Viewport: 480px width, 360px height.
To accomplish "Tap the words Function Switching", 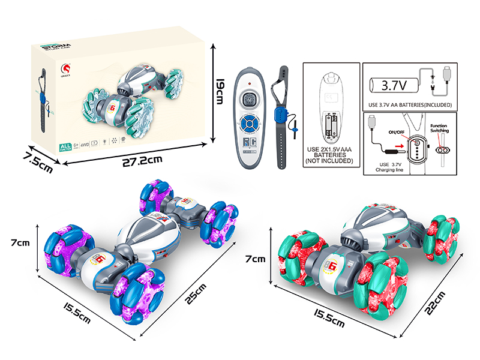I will point(443,128).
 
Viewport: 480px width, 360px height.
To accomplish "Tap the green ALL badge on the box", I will point(65,148).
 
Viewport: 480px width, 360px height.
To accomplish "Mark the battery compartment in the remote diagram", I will point(330,125).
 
